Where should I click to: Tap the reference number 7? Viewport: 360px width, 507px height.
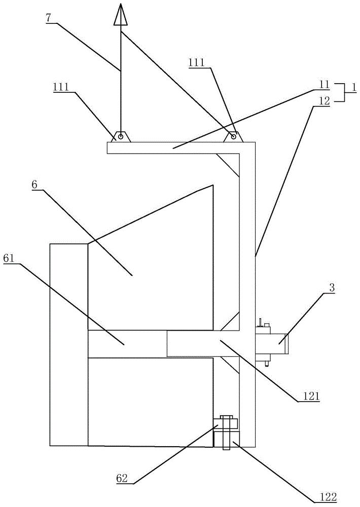pos(48,18)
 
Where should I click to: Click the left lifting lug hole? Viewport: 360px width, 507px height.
pos(121,136)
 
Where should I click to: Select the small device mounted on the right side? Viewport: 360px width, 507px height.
pos(271,342)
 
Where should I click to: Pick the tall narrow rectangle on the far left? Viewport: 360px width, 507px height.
pos(68,345)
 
